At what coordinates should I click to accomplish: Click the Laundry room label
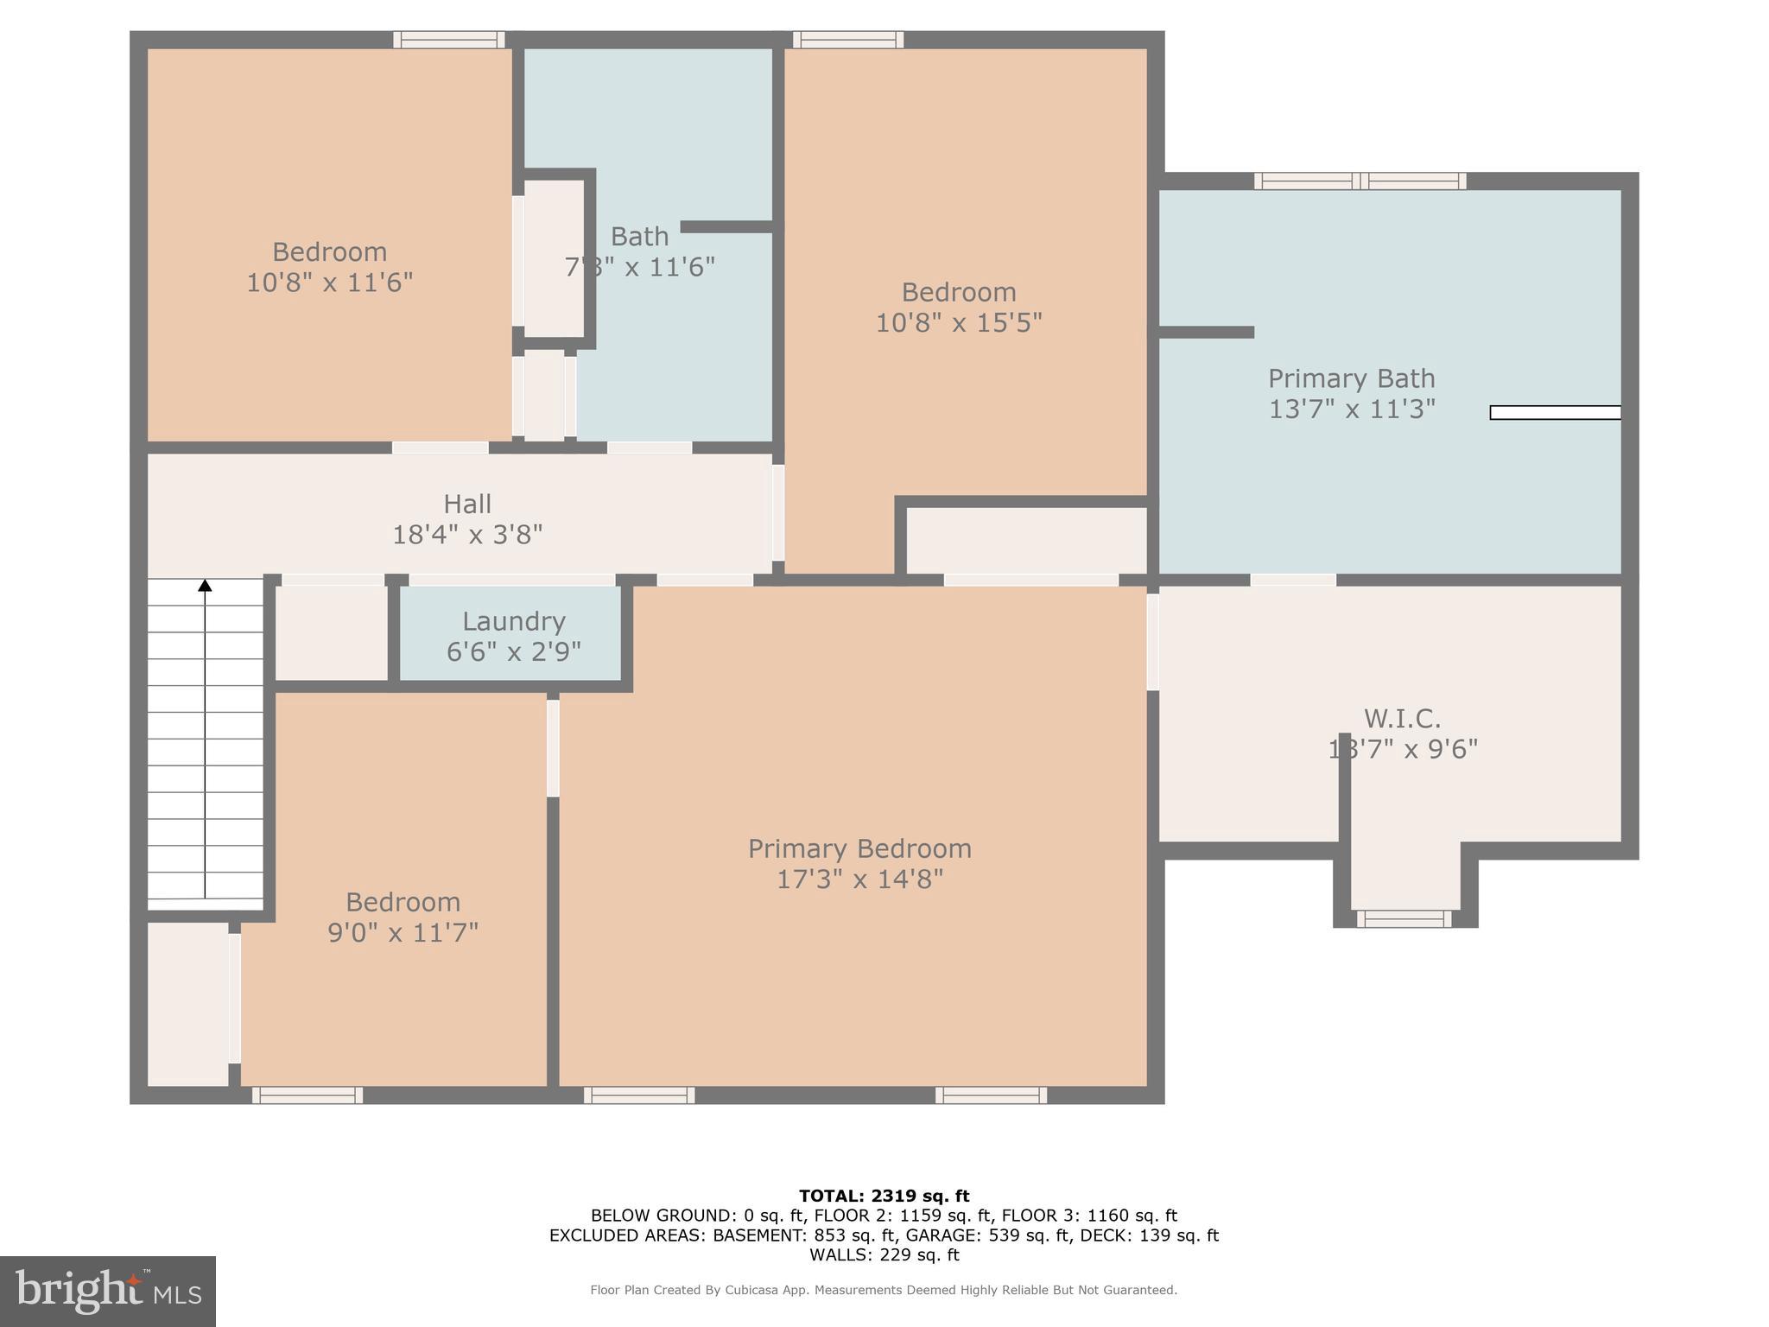(x=513, y=621)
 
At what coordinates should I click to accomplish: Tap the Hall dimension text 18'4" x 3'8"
(x=467, y=535)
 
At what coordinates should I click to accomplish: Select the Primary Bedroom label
(x=859, y=848)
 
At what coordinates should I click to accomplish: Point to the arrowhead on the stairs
(x=205, y=586)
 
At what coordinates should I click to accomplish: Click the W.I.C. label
(x=1402, y=718)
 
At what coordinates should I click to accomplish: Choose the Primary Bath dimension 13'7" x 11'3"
(x=1352, y=409)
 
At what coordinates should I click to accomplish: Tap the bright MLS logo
(x=107, y=1291)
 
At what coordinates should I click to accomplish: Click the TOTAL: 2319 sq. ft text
(x=884, y=1196)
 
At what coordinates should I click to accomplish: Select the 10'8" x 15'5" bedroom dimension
(x=959, y=323)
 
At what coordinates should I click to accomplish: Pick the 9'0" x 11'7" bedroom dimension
(x=403, y=933)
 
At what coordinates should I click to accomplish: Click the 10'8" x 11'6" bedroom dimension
(x=329, y=283)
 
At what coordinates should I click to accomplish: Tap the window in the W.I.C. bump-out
(x=1404, y=919)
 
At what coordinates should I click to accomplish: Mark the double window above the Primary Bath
(x=1360, y=181)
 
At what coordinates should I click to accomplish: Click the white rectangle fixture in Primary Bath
(x=1555, y=413)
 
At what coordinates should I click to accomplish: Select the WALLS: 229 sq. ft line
(x=884, y=1254)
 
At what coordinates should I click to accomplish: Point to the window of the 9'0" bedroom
(x=308, y=1095)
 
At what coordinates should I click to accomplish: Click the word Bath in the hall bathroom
(x=639, y=236)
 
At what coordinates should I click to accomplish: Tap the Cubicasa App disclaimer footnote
(x=884, y=1290)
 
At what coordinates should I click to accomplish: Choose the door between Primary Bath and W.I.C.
(x=1292, y=580)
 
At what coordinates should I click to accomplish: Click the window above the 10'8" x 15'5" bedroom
(x=848, y=40)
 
